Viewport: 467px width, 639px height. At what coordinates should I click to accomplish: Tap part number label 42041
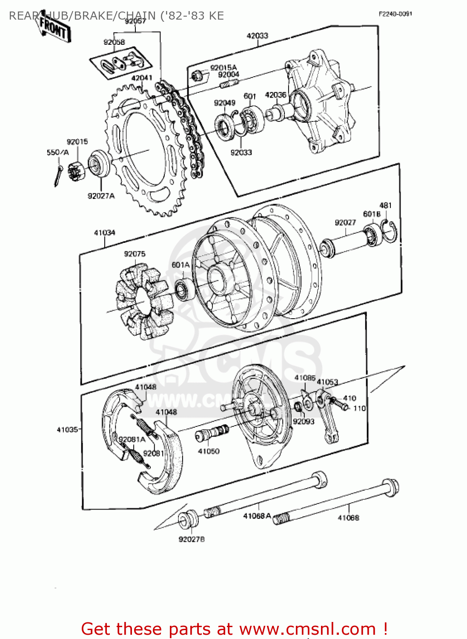(x=142, y=78)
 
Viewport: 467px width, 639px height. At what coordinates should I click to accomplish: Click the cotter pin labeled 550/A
(x=58, y=175)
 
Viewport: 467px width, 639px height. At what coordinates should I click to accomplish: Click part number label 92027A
(x=101, y=196)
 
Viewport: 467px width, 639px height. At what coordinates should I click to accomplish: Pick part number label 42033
(x=258, y=36)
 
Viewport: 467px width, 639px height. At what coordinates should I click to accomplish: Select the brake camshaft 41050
(x=212, y=434)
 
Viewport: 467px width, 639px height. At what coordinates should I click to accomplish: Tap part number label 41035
(x=67, y=429)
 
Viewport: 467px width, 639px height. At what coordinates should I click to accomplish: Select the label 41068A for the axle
(x=257, y=516)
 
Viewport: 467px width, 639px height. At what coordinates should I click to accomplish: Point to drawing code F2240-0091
(x=395, y=14)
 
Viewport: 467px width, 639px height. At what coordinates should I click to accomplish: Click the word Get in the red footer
(x=97, y=629)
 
